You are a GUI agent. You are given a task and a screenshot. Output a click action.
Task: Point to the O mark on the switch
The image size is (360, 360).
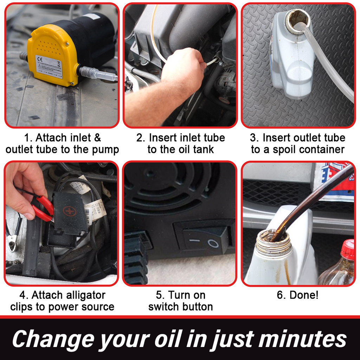[213, 243]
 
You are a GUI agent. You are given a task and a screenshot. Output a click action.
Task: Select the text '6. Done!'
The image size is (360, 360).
[297, 295]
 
